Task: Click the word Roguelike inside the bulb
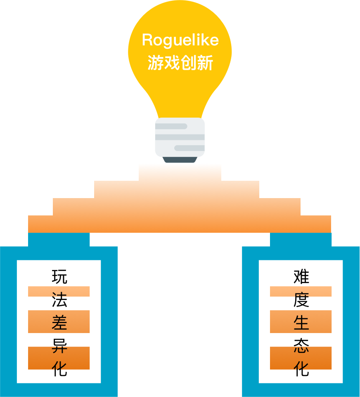pyautogui.click(x=180, y=40)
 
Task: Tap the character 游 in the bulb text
pyautogui.click(x=156, y=63)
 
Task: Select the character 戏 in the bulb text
pyautogui.click(x=172, y=63)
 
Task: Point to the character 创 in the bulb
pyautogui.click(x=188, y=63)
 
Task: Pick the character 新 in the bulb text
pyautogui.click(x=205, y=63)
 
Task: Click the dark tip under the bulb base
pyautogui.click(x=180, y=160)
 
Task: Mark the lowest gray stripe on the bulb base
pyautogui.click(x=189, y=148)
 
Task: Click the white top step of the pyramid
pyautogui.click(x=180, y=172)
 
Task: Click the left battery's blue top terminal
pyautogui.click(x=59, y=239)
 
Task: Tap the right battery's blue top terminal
pyautogui.click(x=301, y=239)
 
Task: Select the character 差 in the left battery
pyautogui.click(x=59, y=322)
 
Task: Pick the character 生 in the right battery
pyautogui.click(x=301, y=322)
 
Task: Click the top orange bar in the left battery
pyautogui.click(x=59, y=291)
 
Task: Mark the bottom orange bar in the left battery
pyautogui.click(x=59, y=358)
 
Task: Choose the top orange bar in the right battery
pyautogui.click(x=301, y=291)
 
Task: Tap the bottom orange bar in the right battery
pyautogui.click(x=301, y=358)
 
